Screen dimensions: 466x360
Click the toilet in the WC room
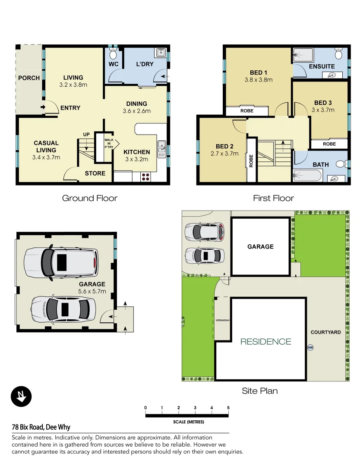113,54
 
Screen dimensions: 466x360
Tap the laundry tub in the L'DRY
161,53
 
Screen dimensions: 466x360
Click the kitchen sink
162,149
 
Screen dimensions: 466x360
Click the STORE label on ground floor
95,173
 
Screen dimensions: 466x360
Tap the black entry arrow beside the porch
43,107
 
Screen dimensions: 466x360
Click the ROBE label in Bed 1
246,111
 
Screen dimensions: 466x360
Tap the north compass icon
21,396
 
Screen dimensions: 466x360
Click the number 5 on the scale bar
228,408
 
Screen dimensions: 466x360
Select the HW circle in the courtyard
310,348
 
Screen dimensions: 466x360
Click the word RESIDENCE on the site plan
265,342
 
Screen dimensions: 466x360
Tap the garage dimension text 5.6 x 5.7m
92,291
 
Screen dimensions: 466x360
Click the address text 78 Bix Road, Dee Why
41,427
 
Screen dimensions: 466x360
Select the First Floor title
273,198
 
